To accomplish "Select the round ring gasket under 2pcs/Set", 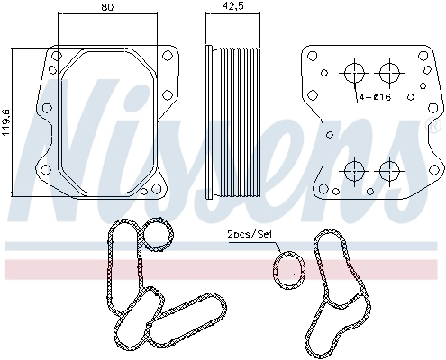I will click(288, 268).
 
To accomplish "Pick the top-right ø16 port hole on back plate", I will click(388, 71).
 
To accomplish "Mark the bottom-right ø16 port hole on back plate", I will click(388, 168).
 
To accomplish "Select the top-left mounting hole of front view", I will click(55, 56).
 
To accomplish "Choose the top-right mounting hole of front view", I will click(167, 56).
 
